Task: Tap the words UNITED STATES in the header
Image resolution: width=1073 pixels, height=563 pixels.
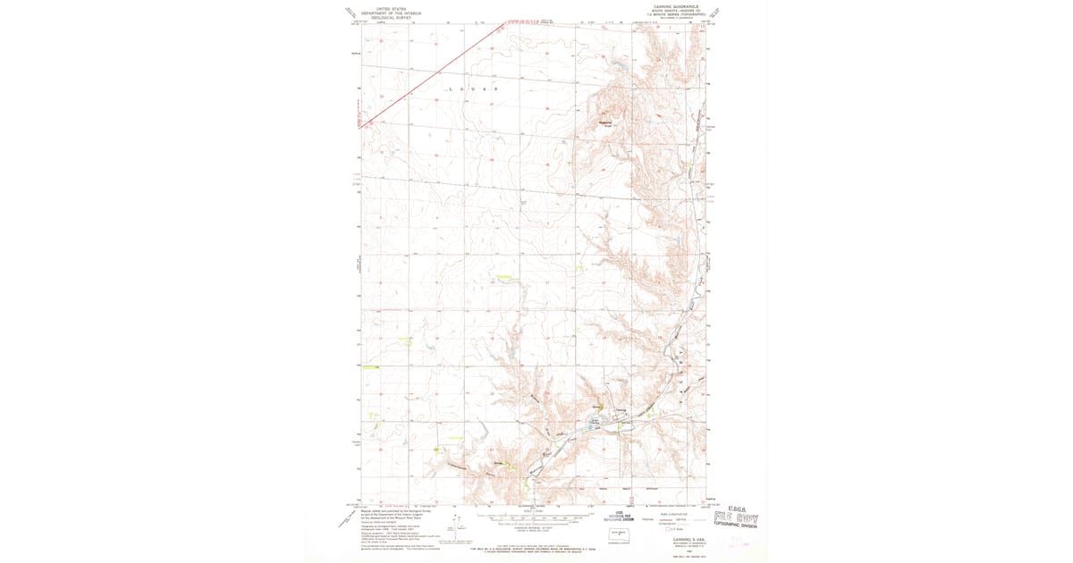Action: coord(391,7)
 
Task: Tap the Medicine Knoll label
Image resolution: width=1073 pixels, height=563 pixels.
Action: coord(605,123)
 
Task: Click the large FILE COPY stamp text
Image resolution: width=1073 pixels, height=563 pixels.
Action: coord(741,517)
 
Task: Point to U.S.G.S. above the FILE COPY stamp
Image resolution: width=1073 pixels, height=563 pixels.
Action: coord(741,508)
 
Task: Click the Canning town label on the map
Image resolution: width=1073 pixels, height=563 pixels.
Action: coord(621,410)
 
